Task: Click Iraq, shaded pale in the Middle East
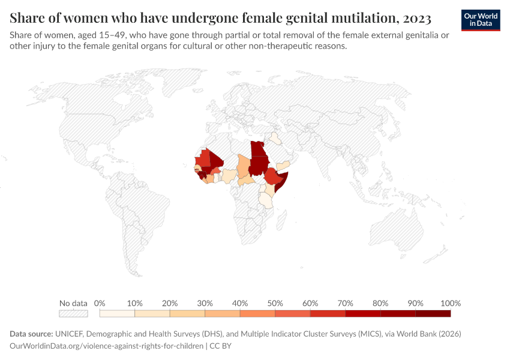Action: (275, 139)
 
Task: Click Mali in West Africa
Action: (214, 161)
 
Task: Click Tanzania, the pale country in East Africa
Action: (266, 199)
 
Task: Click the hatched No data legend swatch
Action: (73, 313)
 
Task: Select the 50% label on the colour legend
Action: (275, 303)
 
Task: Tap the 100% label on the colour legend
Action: (450, 303)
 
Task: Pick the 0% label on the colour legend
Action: (100, 303)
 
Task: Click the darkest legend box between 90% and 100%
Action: (433, 313)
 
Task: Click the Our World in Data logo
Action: (480, 20)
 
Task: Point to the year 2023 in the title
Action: (410, 17)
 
